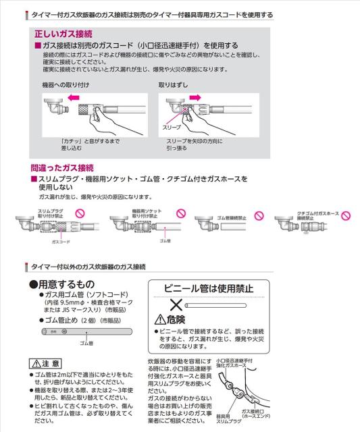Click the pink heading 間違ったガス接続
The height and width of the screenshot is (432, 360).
pos(62,167)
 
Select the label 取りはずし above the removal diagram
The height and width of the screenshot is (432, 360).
pos(172,84)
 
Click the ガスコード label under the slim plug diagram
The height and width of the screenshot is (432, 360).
pos(61,240)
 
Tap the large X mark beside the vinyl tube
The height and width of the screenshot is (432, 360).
pos(178,306)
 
